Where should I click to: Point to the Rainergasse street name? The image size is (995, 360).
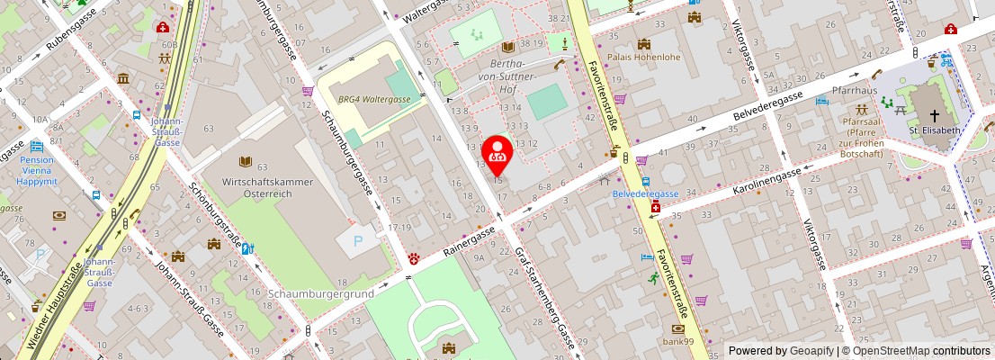[x=471, y=242]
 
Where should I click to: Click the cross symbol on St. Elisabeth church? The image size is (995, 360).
[x=934, y=115]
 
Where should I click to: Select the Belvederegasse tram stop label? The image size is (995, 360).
[x=646, y=193]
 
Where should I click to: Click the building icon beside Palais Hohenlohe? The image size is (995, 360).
[x=644, y=44]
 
